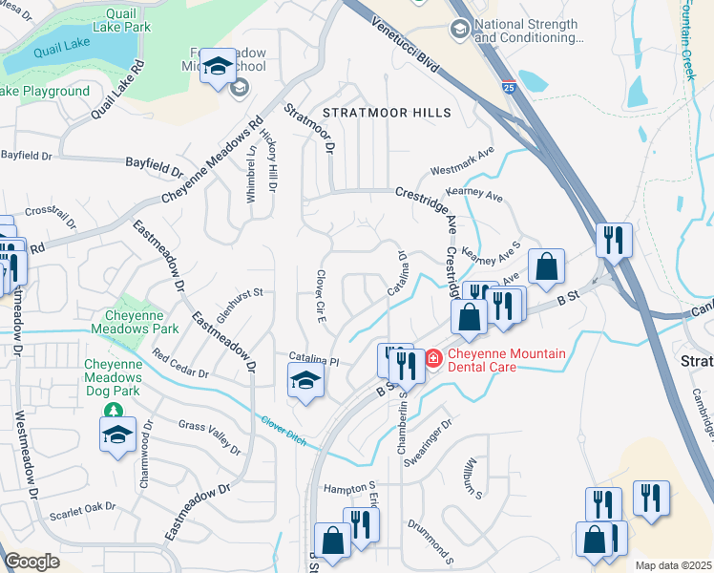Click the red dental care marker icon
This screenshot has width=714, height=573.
(432, 358)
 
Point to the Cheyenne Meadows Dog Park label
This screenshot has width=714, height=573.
(113, 377)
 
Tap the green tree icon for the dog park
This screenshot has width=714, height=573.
(114, 411)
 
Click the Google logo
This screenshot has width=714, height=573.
(31, 562)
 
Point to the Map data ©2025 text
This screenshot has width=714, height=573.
(673, 565)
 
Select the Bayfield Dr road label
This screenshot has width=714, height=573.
(154, 166)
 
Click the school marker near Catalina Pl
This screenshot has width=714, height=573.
(304, 381)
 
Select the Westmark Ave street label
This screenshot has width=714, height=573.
(463, 162)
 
